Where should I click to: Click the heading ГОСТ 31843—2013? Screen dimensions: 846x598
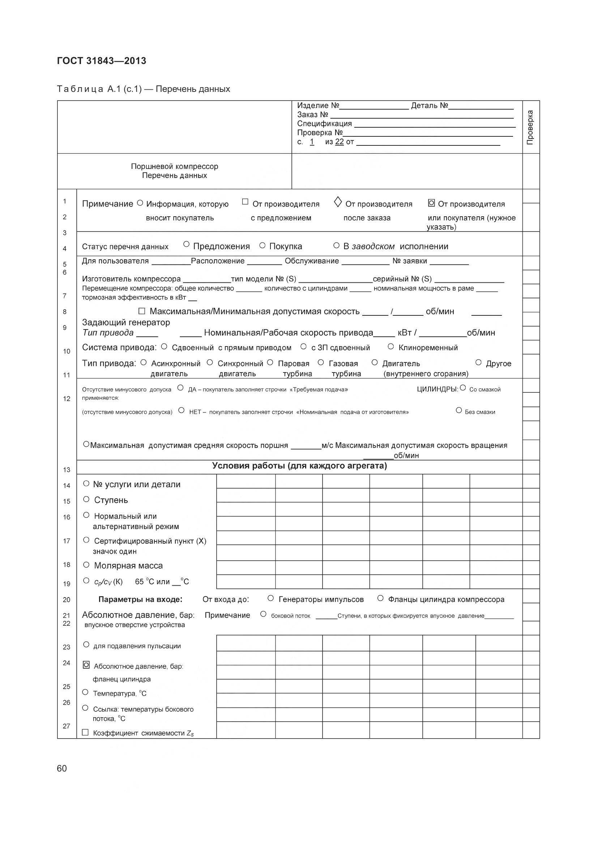[x=102, y=61]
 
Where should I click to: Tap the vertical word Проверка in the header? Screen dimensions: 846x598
[x=530, y=127]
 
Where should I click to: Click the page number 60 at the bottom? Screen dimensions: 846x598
[x=62, y=768]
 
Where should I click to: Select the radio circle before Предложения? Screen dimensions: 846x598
[x=186, y=244]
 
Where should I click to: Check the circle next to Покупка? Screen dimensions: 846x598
[x=262, y=245]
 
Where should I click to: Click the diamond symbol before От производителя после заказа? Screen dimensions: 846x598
[x=338, y=202]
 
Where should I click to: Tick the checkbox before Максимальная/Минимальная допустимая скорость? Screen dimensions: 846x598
[x=142, y=311]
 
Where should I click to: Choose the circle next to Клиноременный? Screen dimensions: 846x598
[x=391, y=347]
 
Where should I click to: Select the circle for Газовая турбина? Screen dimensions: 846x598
[x=321, y=362]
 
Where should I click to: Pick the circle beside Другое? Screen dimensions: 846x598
[x=478, y=362]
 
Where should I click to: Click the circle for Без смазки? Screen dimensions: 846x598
[x=459, y=410]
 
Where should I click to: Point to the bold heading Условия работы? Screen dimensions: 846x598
[x=299, y=466]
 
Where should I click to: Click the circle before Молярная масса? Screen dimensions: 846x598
[x=86, y=565]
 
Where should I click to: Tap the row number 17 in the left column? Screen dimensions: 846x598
[x=66, y=541]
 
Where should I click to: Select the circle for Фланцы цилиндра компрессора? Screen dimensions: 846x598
[x=380, y=598]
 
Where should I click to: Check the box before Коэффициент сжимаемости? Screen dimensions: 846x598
[x=85, y=732]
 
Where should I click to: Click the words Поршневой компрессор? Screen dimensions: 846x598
[x=175, y=166]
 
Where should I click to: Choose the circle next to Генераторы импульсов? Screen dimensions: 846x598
[x=271, y=598]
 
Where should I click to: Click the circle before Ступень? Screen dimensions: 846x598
[x=86, y=499]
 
